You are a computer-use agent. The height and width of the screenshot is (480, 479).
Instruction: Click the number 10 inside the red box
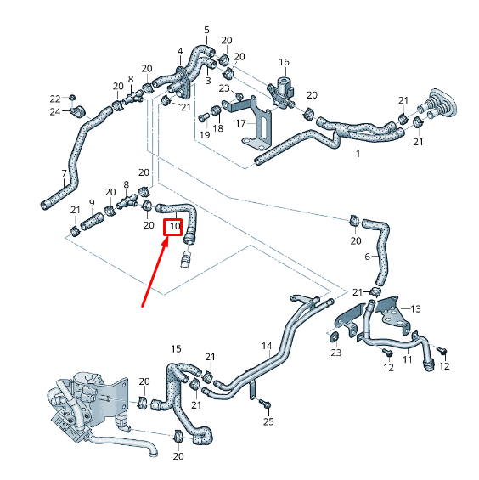(x=173, y=227)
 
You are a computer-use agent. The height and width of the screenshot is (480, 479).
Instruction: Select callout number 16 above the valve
(x=284, y=62)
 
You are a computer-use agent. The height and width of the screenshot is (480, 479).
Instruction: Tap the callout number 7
(x=64, y=174)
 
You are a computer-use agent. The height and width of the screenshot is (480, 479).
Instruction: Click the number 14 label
(x=266, y=346)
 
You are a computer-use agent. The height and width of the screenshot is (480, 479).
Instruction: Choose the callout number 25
(x=268, y=421)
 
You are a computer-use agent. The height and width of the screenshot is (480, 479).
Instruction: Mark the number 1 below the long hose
(x=358, y=155)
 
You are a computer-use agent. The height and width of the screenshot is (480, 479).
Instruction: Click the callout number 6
(x=368, y=256)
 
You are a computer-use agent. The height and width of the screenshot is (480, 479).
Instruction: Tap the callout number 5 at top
(x=206, y=30)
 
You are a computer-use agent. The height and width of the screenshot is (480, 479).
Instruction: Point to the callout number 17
(x=240, y=123)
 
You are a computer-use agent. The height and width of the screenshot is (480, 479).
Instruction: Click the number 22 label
(x=54, y=98)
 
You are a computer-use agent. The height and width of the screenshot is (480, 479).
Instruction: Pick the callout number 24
(x=54, y=111)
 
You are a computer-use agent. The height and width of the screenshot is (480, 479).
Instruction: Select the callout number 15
(x=176, y=348)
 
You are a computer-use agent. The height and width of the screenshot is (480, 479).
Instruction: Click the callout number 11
(x=407, y=360)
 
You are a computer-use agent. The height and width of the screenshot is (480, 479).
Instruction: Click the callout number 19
(x=204, y=135)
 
